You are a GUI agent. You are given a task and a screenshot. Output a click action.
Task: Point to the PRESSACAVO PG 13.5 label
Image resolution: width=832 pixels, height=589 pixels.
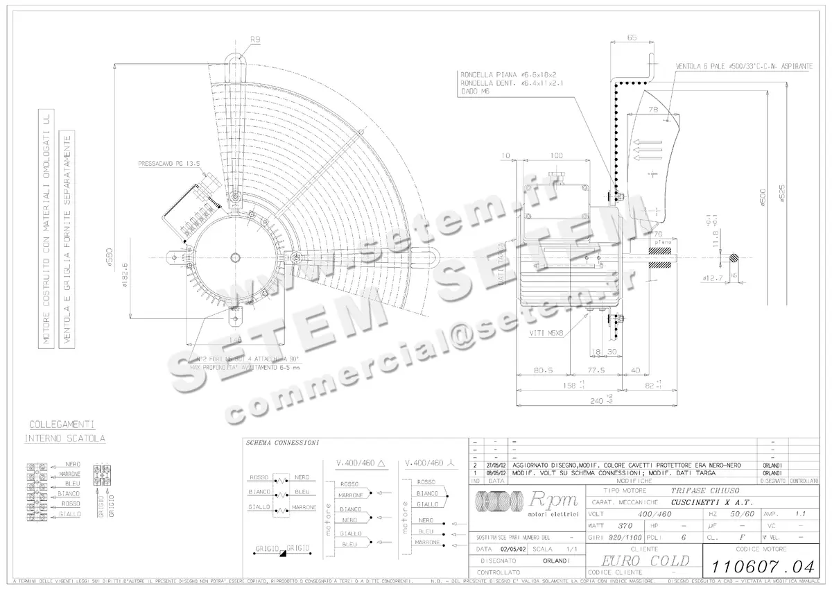pyautogui.click(x=168, y=164)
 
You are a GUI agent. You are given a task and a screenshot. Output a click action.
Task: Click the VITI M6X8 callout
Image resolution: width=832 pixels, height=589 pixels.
pyautogui.click(x=546, y=333)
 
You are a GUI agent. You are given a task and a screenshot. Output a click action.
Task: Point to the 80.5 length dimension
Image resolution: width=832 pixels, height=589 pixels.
pyautogui.click(x=543, y=370)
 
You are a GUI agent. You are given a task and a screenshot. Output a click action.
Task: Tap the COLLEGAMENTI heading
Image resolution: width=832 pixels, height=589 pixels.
pyautogui.click(x=62, y=424)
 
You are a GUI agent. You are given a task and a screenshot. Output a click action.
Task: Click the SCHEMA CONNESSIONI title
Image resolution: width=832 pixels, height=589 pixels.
pyautogui.click(x=282, y=442)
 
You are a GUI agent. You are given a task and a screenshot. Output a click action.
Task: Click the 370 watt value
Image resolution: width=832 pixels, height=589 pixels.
pyautogui.click(x=625, y=526)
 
